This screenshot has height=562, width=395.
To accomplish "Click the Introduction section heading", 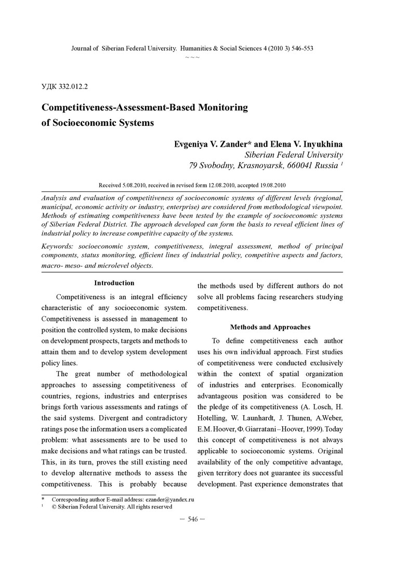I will [x=114, y=283].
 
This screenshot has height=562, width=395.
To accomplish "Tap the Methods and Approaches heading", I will [x=270, y=327].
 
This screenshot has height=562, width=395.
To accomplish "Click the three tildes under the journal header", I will [x=192, y=56].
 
